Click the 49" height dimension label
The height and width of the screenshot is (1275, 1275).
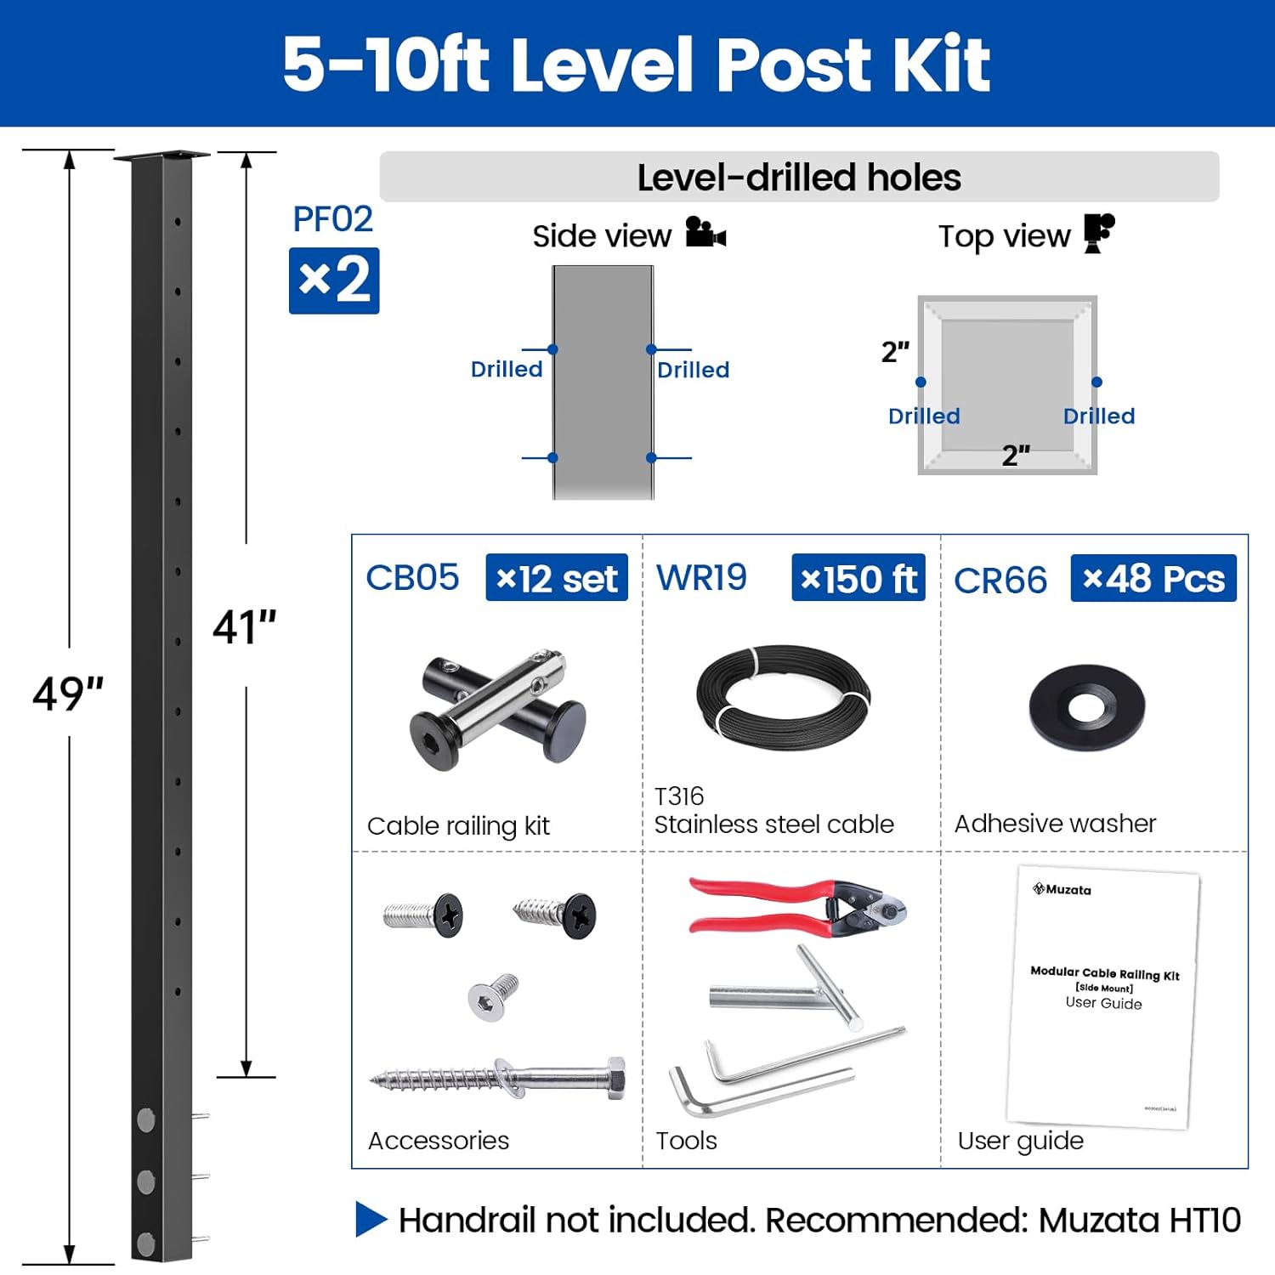68,694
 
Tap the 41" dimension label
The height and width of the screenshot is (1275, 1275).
244,627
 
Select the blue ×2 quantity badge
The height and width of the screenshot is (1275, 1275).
334,280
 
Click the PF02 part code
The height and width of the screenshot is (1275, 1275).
332,219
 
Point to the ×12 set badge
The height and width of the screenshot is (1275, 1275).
557,578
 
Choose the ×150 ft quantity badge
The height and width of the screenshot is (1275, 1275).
858,578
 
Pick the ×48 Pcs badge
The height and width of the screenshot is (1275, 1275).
1153,578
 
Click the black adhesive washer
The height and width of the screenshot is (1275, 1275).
1086,706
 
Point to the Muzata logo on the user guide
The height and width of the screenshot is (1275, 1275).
1062,889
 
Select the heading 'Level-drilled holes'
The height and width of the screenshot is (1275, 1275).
798,178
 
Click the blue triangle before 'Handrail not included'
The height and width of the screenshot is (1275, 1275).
371,1219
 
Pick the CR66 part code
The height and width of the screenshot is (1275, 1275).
1000,581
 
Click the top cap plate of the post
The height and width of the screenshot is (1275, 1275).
161,156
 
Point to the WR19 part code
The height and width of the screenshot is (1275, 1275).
701,578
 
